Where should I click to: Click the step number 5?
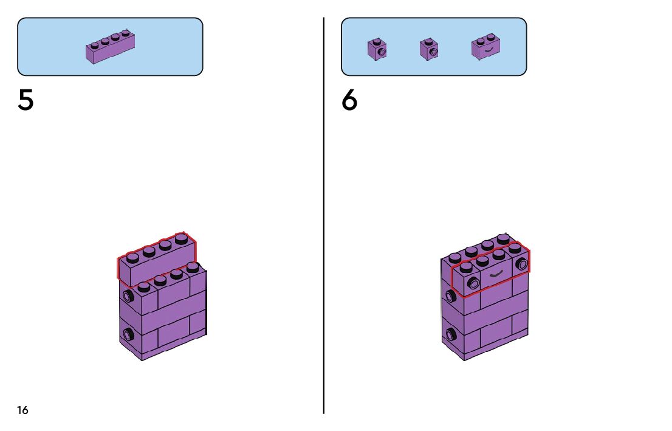pyautogui.click(x=26, y=100)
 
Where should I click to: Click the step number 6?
pyautogui.click(x=349, y=100)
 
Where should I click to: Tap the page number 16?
pyautogui.click(x=22, y=410)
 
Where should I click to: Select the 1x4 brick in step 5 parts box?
pyautogui.click(x=110, y=46)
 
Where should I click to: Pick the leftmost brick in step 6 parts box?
pyautogui.click(x=377, y=49)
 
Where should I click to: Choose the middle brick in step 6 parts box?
pyautogui.click(x=429, y=49)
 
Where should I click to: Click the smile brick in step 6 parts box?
pyautogui.click(x=485, y=48)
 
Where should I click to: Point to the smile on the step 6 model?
pyautogui.click(x=496, y=274)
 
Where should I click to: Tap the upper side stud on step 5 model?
pyautogui.click(x=128, y=296)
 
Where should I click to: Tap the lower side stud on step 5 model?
pyautogui.click(x=128, y=333)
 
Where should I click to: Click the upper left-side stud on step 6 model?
pyautogui.click(x=450, y=296)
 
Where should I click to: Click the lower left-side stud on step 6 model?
pyautogui.click(x=450, y=333)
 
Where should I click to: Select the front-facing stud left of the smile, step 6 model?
pyautogui.click(x=472, y=281)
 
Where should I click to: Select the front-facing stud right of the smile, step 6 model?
pyautogui.click(x=521, y=264)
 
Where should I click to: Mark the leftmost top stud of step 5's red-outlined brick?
pyautogui.click(x=133, y=257)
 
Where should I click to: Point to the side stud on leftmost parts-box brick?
pyautogui.click(x=381, y=52)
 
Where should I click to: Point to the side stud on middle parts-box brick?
pyautogui.click(x=433, y=52)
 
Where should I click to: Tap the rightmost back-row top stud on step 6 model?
pyautogui.click(x=502, y=238)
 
